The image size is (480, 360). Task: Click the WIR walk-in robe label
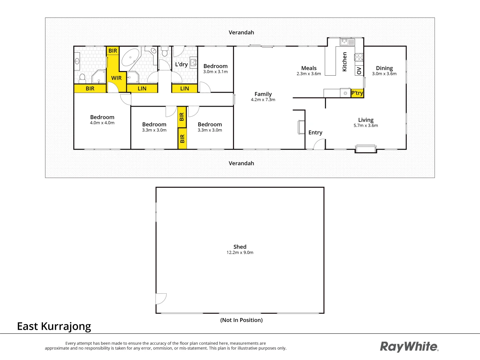(x=116, y=78)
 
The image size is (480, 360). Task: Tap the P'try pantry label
(x=357, y=93)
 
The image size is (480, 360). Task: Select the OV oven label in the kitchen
(x=359, y=71)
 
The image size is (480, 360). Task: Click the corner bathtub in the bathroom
(x=130, y=58)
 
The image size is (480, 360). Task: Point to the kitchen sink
(x=347, y=42)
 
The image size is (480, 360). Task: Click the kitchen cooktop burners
(x=359, y=57)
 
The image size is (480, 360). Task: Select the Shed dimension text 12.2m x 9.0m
(x=240, y=253)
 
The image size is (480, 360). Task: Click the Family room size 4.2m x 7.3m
(x=263, y=100)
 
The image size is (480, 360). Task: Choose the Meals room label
(x=309, y=68)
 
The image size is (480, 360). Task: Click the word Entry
(x=315, y=133)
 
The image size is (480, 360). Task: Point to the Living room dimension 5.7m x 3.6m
(x=366, y=126)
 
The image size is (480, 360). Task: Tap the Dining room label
(x=384, y=68)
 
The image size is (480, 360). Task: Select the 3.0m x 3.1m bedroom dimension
(x=215, y=72)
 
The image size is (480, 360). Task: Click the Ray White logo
(x=409, y=347)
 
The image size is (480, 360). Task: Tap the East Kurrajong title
(x=54, y=326)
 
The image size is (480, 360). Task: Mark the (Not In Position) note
(x=241, y=320)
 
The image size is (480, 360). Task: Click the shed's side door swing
(x=161, y=298)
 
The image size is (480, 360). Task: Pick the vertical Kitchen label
(x=345, y=62)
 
